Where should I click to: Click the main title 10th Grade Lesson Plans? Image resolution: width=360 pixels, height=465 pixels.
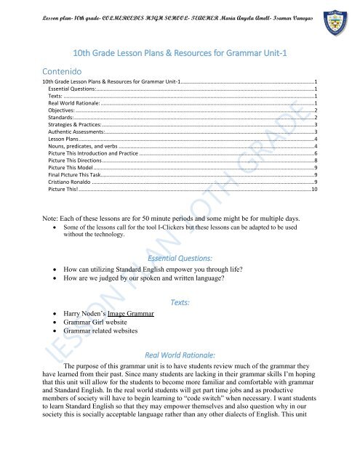180,52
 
